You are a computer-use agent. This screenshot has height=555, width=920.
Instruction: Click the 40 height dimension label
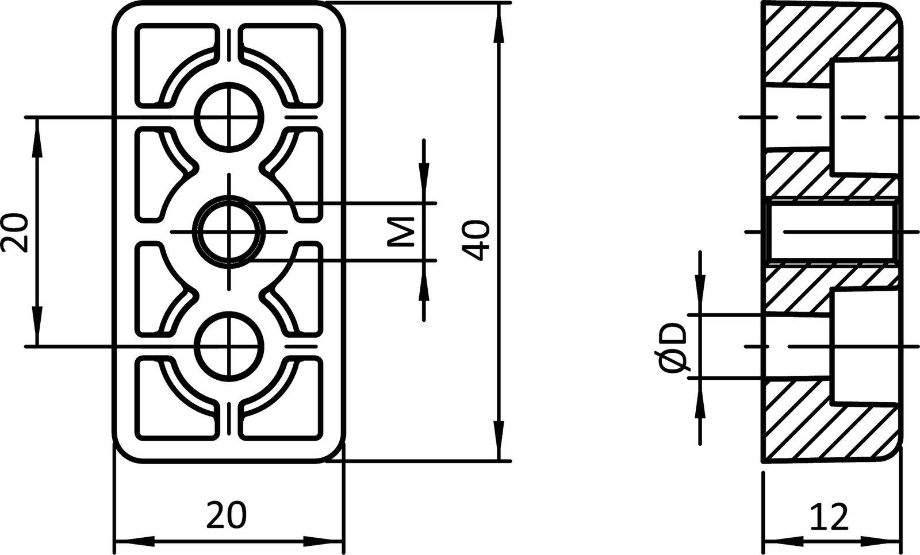click(477, 240)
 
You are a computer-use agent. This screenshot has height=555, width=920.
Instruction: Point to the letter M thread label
click(401, 232)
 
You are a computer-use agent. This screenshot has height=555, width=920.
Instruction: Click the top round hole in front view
click(229, 118)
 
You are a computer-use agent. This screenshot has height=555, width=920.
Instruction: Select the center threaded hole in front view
click(229, 231)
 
